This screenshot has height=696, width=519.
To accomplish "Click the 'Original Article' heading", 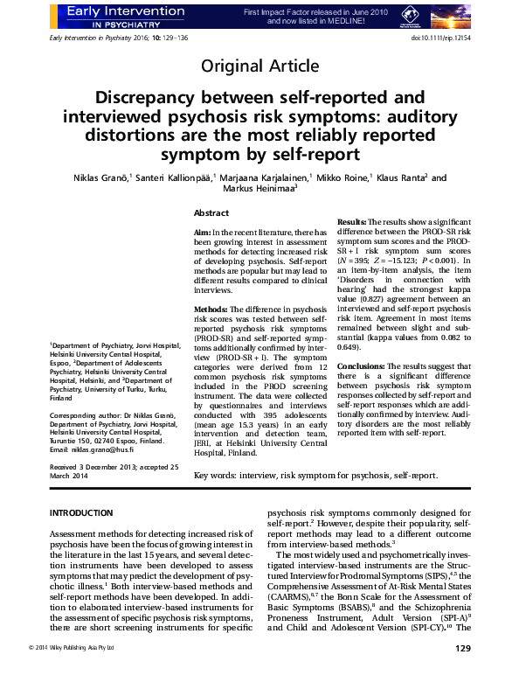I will (259, 66).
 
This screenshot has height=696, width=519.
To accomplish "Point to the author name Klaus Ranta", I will (400, 178).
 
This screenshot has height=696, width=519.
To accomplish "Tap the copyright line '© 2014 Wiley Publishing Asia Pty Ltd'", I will (83, 672).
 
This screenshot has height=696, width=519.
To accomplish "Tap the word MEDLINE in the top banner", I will (349, 20).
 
